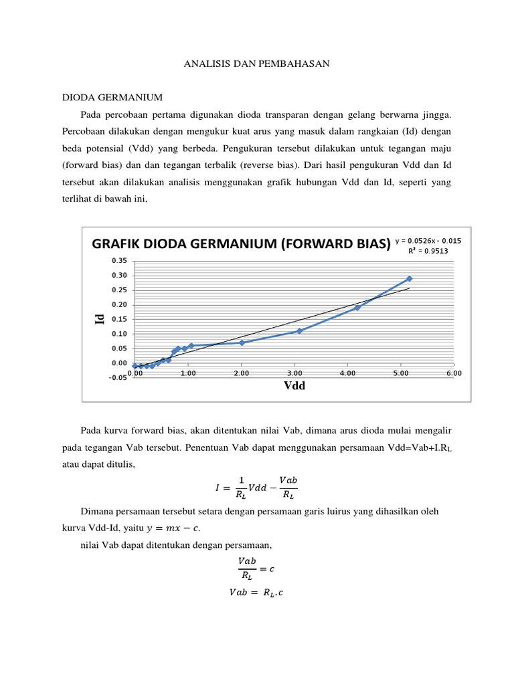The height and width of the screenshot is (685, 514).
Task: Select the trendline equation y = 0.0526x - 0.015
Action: [x=428, y=241]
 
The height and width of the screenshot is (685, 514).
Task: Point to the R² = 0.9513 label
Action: [x=428, y=252]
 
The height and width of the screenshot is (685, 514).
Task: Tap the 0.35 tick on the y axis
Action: [x=119, y=260]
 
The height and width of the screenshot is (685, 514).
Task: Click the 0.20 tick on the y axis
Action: [x=119, y=304]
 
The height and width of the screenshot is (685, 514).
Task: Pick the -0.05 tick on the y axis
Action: [x=118, y=378]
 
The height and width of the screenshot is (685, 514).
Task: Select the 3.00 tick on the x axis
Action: [x=294, y=373]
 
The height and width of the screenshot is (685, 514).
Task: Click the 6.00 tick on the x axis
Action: [x=453, y=373]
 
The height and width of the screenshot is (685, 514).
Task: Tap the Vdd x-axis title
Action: [x=294, y=385]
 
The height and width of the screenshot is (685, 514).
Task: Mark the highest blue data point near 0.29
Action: [x=409, y=278]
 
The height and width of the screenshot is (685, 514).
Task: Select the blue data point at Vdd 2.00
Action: [x=242, y=342]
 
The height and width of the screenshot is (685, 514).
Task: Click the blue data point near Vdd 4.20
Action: [x=357, y=308]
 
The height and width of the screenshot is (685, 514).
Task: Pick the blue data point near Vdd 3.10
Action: [x=299, y=331]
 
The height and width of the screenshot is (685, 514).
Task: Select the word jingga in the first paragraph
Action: [x=437, y=114]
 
